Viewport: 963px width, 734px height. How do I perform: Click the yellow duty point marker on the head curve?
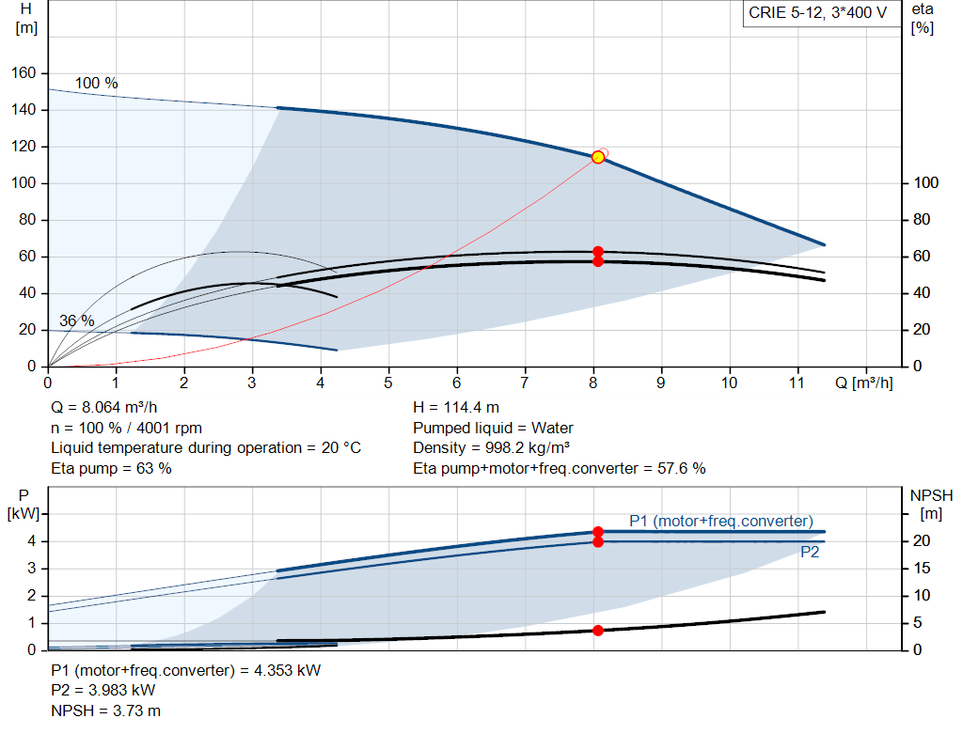click(598, 157)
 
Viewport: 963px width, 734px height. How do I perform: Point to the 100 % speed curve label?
click(96, 84)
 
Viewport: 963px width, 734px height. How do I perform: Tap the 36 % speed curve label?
click(76, 320)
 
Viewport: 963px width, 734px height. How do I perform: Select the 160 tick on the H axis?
click(24, 73)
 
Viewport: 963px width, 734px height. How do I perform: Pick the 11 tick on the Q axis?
click(797, 383)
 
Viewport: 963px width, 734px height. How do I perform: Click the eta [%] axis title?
click(922, 18)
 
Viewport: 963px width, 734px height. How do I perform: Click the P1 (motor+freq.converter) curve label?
click(720, 521)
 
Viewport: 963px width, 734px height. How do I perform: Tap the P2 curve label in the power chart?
click(810, 553)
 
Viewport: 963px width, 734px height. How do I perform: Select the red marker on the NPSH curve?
click(598, 631)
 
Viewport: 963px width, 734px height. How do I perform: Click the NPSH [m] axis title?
click(931, 504)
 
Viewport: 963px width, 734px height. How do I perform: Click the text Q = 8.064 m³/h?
click(105, 408)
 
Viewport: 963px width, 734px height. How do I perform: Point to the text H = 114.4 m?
click(456, 408)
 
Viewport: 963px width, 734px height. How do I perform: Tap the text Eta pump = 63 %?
click(111, 467)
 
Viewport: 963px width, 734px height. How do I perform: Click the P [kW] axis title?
click(23, 504)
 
